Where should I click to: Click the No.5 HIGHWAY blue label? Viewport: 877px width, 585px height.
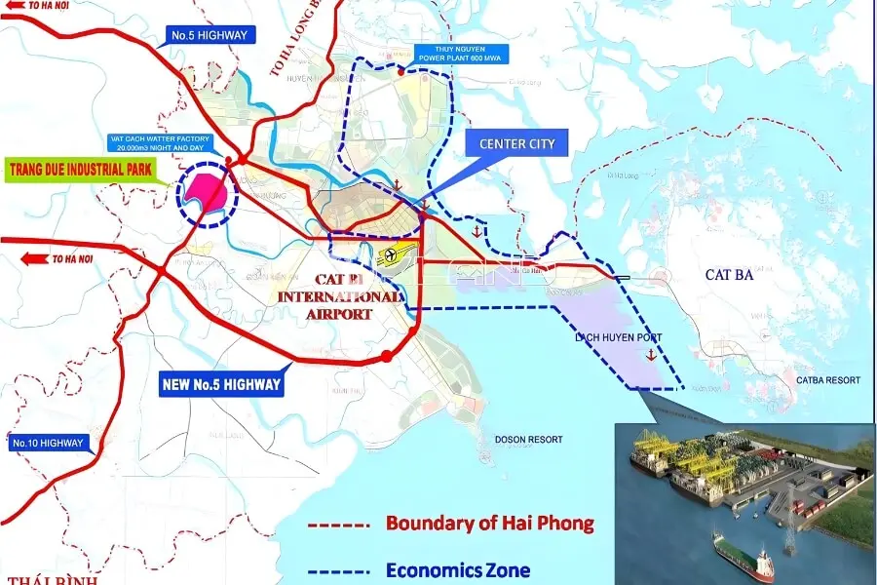(210, 36)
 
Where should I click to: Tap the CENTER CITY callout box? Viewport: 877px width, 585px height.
(516, 145)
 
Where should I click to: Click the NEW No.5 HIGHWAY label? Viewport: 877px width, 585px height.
(221, 384)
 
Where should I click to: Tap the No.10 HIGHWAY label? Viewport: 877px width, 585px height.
(48, 444)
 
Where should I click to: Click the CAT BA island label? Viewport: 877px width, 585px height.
(732, 275)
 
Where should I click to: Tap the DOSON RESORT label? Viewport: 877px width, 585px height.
(528, 440)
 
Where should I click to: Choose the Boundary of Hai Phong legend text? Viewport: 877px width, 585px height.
(489, 524)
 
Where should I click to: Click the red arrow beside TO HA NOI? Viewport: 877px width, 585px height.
(36, 258)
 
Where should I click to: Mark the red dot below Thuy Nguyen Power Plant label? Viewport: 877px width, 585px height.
(400, 70)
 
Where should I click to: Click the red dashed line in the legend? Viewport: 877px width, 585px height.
(339, 525)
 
